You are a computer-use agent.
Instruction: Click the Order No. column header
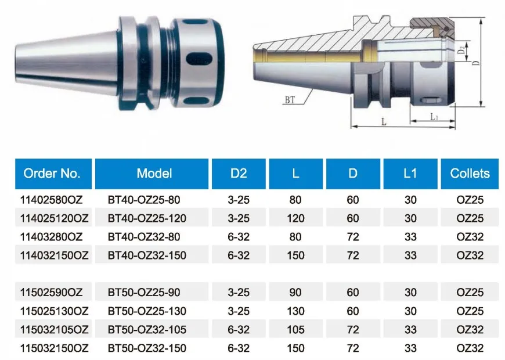point(52,173)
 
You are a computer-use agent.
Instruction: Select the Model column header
point(154,173)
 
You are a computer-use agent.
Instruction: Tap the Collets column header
point(470,173)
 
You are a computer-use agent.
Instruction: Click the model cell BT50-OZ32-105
point(147,330)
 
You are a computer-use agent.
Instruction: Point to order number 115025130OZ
point(54,312)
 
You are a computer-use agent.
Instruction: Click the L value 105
point(295,330)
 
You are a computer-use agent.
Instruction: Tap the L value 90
point(295,293)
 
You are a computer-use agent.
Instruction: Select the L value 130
point(295,312)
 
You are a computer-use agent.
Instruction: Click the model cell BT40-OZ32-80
point(144,237)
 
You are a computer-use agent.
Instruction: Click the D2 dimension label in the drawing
point(461,51)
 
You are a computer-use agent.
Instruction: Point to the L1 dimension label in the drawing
point(434,117)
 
